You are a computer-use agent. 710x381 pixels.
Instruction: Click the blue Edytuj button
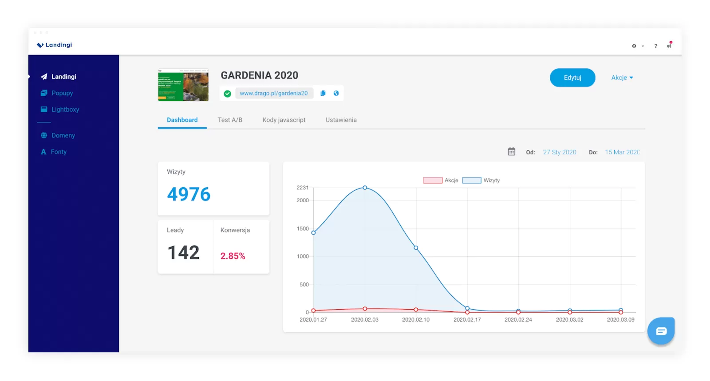572,78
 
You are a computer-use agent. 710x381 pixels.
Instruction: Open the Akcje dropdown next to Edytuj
622,78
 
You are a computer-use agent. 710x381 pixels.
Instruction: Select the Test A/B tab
230,120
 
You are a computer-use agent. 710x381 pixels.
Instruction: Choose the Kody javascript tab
284,120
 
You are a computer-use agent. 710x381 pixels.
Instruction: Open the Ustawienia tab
341,120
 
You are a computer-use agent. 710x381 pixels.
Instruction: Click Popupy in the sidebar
62,93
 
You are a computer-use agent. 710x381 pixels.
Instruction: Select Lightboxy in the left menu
65,110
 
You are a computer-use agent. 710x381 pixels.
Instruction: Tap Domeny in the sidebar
63,135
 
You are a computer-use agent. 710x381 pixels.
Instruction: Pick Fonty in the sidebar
59,152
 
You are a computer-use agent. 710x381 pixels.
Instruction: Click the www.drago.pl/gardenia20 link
273,93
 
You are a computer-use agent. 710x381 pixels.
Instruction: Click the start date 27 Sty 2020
560,152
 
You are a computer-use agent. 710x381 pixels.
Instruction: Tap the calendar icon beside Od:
511,152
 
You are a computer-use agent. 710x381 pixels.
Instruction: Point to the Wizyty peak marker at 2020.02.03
365,188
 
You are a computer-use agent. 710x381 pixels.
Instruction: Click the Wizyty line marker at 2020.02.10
416,247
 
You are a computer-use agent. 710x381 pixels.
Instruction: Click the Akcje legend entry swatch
433,181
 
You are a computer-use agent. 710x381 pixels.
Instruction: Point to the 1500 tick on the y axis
303,229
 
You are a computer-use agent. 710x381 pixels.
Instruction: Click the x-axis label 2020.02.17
467,319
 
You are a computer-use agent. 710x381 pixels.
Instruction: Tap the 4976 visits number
189,194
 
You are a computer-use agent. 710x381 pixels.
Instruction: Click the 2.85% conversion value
233,256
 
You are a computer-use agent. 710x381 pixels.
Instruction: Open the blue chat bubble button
661,331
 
